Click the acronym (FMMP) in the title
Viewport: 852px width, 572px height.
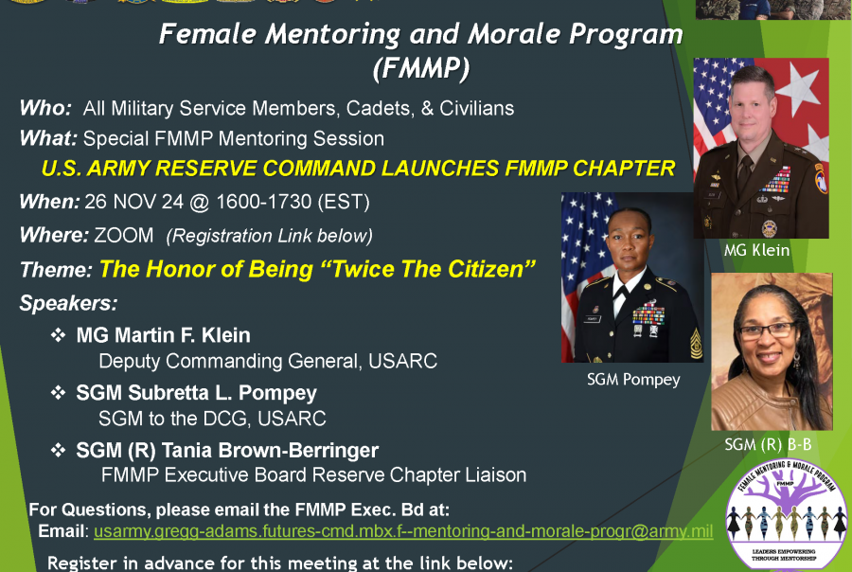421,69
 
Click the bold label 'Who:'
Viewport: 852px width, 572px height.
45,108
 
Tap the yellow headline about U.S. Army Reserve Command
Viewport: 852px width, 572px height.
358,169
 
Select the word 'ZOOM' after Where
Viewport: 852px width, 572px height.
125,234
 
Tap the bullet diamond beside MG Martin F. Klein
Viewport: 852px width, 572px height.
59,335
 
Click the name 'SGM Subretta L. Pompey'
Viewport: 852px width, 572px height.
197,392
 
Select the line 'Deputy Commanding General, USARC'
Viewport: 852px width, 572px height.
268,361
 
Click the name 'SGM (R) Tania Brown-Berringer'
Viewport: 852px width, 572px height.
227,450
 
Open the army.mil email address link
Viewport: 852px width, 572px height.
402,531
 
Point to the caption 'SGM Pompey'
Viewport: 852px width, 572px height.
632,379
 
